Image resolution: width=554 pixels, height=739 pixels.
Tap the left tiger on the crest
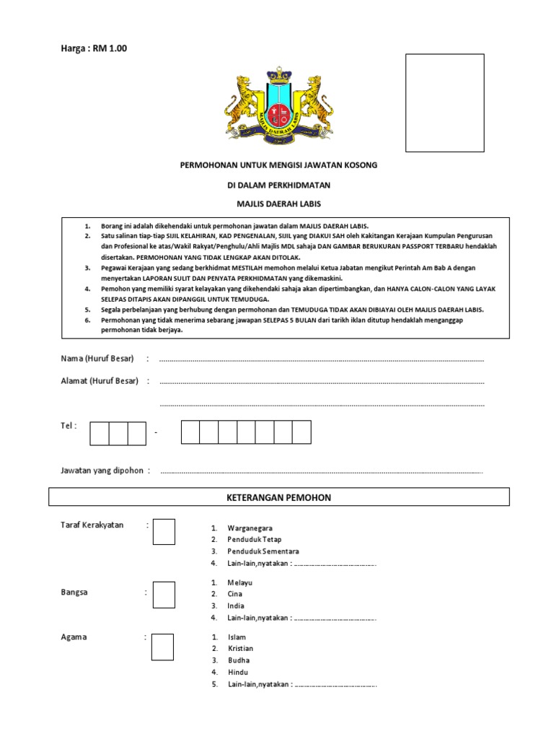click(243, 102)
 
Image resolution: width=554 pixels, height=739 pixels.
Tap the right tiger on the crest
click(315, 102)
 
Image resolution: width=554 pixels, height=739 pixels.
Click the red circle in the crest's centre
click(278, 113)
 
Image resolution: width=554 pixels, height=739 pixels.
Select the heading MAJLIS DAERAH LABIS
click(278, 204)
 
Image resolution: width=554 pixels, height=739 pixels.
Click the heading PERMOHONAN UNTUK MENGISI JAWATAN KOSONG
click(278, 165)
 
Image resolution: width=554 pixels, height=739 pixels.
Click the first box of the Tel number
click(100, 433)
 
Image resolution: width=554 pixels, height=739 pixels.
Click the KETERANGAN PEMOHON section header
click(278, 497)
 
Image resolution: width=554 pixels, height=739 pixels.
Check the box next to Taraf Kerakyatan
click(164, 532)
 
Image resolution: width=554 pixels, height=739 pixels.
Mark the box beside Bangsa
click(164, 595)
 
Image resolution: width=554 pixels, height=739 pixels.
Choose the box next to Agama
click(162, 647)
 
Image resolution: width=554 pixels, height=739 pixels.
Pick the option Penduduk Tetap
click(254, 540)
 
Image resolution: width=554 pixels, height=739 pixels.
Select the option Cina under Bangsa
click(236, 594)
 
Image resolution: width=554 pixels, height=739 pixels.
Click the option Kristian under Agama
click(240, 648)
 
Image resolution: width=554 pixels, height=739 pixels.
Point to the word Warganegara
click(250, 528)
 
